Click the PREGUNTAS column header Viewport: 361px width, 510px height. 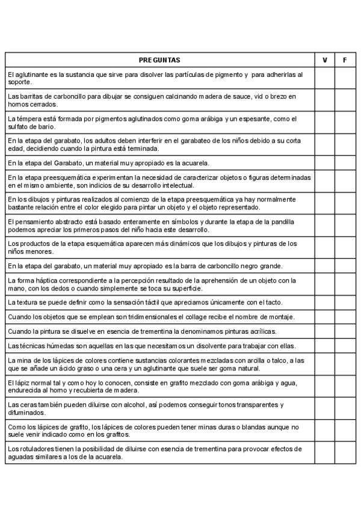click(159, 60)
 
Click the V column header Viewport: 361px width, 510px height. click(325, 60)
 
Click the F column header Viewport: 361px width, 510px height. click(345, 60)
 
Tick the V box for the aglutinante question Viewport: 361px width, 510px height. click(325, 78)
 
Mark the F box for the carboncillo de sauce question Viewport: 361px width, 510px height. click(345, 100)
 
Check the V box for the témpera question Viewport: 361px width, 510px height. click(325, 122)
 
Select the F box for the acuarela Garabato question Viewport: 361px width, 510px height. click(345, 162)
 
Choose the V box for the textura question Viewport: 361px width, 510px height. click(325, 302)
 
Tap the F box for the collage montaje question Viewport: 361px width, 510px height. click(345, 316)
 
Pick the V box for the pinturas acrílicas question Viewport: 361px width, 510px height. click(325, 331)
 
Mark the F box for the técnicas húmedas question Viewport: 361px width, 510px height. click(345, 345)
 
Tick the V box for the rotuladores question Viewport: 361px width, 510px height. click(325, 452)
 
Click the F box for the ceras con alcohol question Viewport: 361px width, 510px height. click(345, 408)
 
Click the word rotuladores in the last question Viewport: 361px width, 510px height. click(29, 449)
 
